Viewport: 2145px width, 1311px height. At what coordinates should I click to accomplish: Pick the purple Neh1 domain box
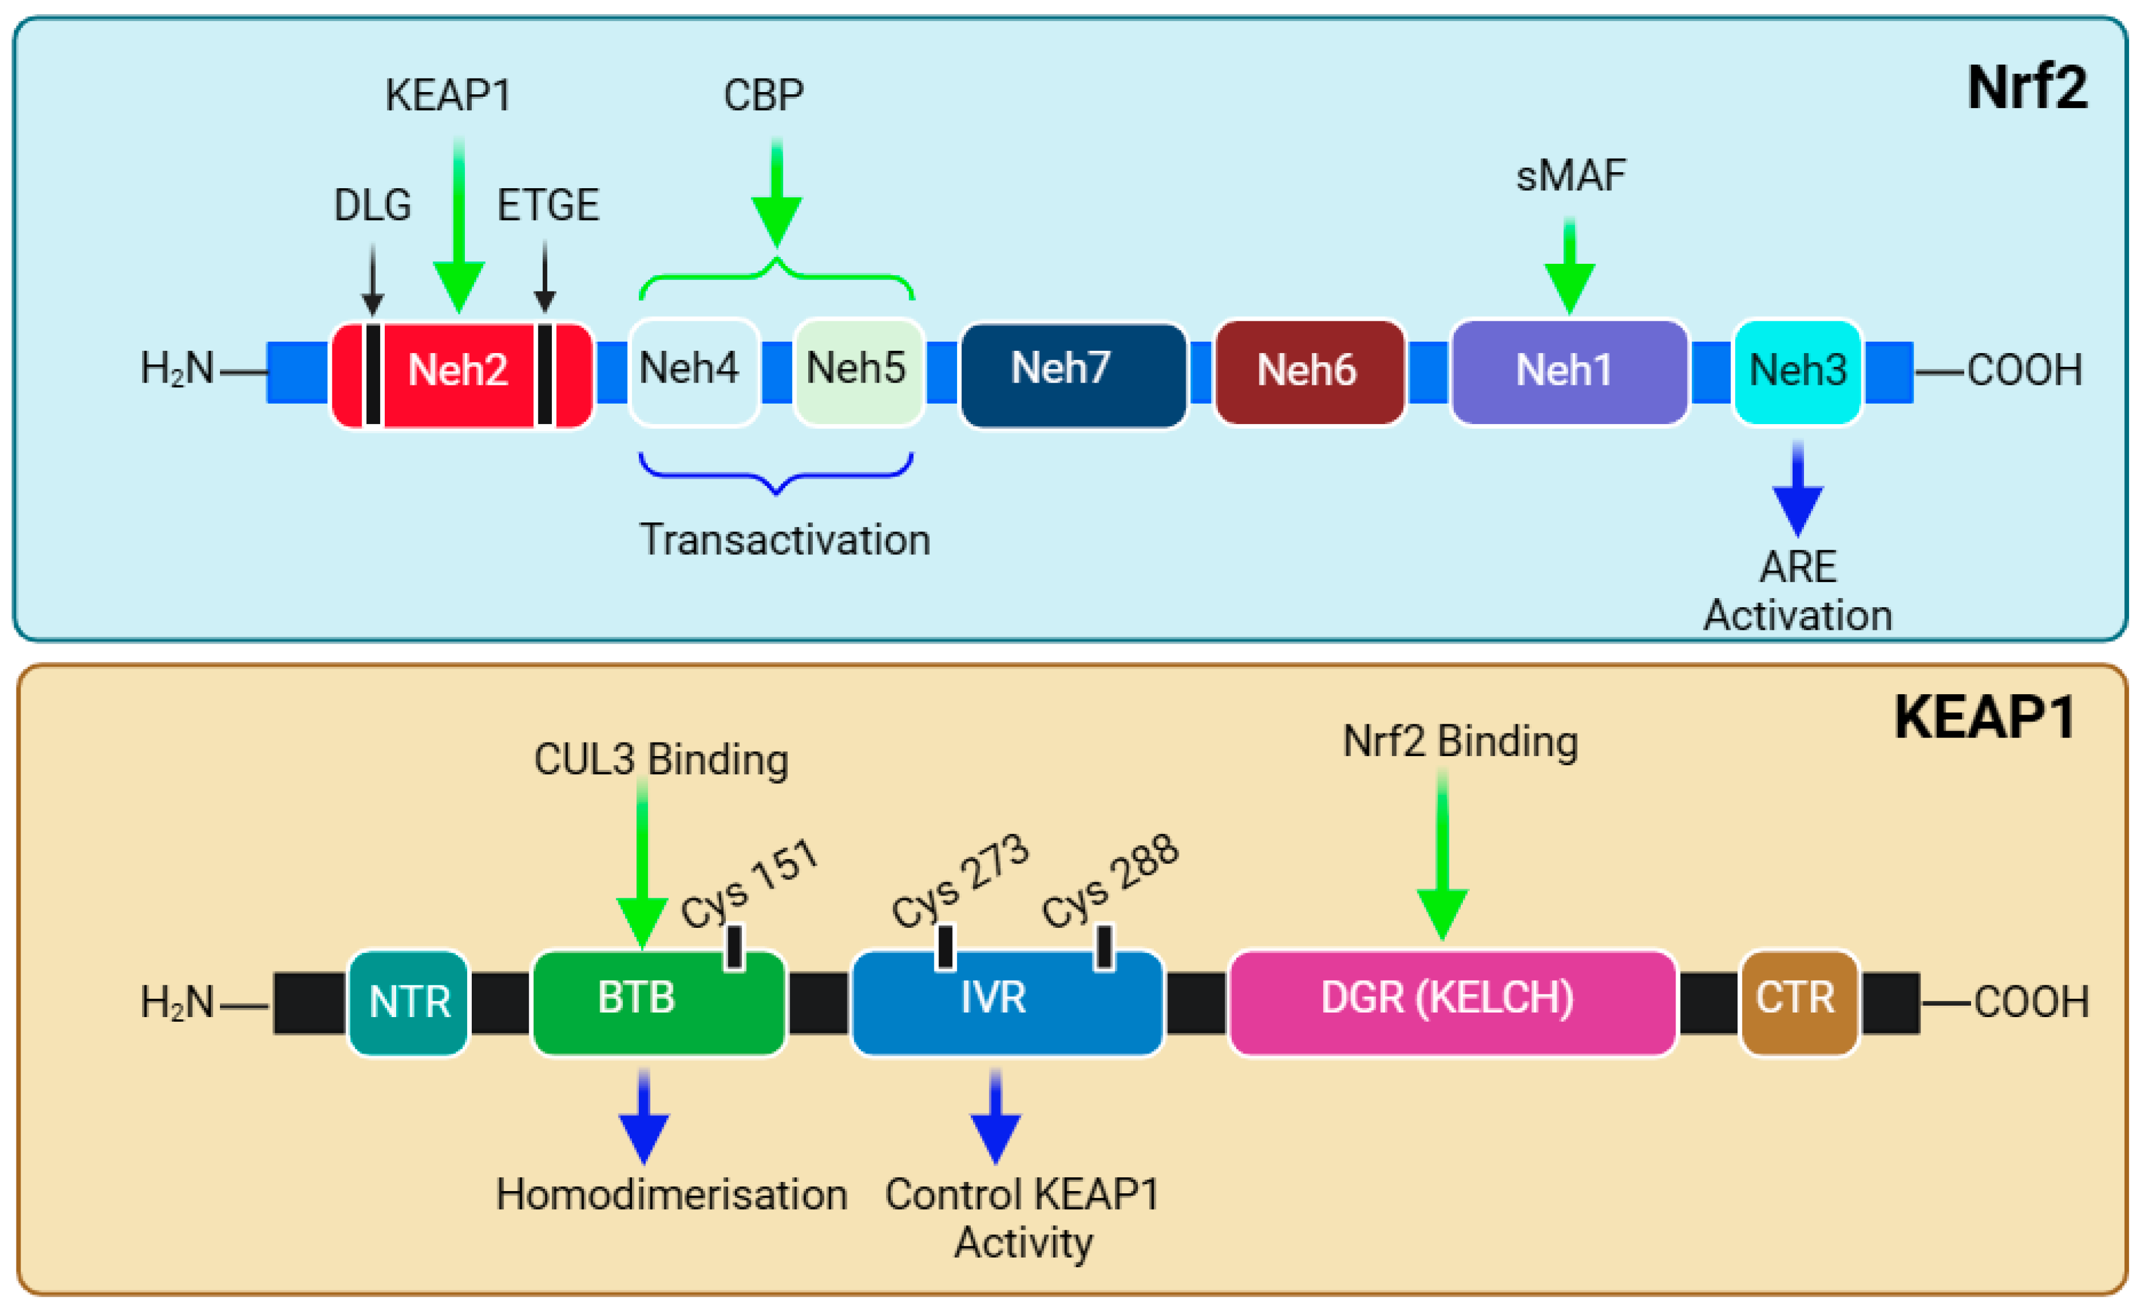[x=1569, y=372]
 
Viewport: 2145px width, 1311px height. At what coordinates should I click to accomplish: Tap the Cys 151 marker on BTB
[x=734, y=947]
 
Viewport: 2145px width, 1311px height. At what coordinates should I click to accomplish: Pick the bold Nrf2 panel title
[x=2027, y=89]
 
